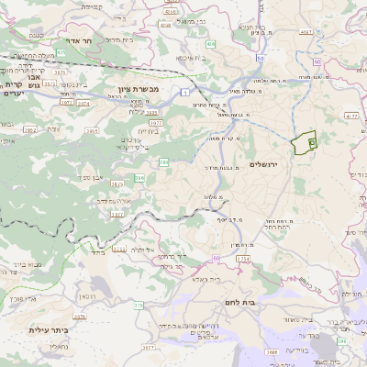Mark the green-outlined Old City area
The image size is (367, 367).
(x=303, y=143)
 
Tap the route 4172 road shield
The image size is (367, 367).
(x=351, y=117)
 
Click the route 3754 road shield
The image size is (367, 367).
(x=241, y=261)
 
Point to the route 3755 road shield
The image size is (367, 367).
(x=119, y=249)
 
